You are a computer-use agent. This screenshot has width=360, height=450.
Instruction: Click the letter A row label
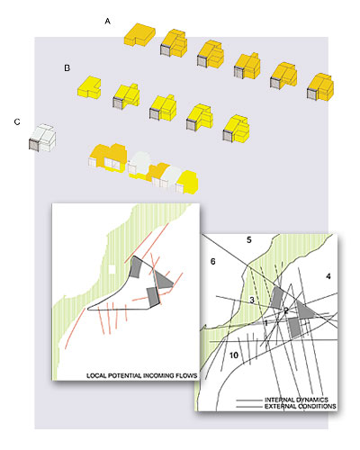click(x=108, y=22)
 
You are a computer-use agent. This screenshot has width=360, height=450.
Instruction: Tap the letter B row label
click(x=67, y=68)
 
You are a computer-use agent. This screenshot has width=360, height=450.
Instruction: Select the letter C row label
click(x=17, y=121)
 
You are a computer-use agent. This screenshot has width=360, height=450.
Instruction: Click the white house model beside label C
click(x=42, y=138)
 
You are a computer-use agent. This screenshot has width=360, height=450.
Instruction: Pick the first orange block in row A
click(x=139, y=34)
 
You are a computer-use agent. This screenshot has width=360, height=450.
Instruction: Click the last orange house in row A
click(x=320, y=87)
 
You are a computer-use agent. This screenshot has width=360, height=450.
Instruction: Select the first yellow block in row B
click(x=89, y=87)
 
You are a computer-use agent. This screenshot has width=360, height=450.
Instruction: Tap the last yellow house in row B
click(x=236, y=129)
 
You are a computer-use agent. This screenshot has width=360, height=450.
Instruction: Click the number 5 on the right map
click(x=249, y=240)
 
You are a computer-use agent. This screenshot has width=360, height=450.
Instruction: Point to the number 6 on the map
click(x=212, y=262)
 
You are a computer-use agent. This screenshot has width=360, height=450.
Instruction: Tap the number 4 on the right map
click(x=328, y=276)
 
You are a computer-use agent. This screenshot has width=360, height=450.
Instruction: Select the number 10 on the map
click(x=234, y=355)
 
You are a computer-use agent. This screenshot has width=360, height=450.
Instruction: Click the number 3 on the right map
click(x=252, y=300)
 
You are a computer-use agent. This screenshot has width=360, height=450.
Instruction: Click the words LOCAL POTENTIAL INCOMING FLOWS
click(x=142, y=375)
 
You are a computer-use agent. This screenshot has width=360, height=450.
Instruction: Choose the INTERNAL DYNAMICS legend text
click(x=296, y=400)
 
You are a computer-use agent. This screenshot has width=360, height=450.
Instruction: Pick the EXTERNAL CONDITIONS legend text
click(x=301, y=407)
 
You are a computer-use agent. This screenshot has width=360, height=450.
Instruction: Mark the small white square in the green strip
click(x=112, y=269)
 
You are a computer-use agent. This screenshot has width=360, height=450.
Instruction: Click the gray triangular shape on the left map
click(x=164, y=280)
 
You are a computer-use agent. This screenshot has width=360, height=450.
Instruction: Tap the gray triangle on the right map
click(x=306, y=310)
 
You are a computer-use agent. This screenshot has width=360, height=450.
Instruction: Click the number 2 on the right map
click(x=286, y=310)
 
